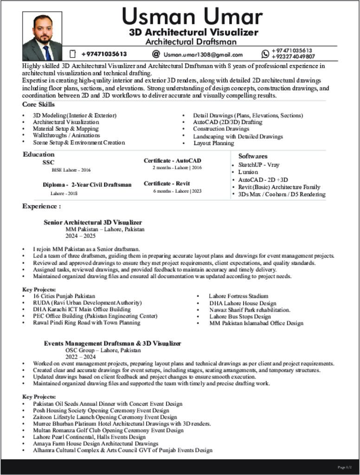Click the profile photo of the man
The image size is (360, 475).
coord(42,37)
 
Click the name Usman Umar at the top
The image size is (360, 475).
coord(192,17)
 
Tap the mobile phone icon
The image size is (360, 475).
coord(72,54)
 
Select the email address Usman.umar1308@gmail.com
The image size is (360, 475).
coord(203,55)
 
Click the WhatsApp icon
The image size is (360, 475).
coord(265,54)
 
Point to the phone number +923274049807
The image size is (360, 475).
coord(293,57)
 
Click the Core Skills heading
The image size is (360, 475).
coord(39,104)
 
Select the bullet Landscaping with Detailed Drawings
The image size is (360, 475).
coord(238,136)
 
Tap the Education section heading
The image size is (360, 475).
coord(39,154)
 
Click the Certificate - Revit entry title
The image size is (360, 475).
coord(167,184)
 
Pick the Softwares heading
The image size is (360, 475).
coord(253,156)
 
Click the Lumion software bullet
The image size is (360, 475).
coord(248,172)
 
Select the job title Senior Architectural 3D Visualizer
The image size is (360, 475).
coord(93,223)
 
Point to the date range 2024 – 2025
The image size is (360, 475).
coord(80,236)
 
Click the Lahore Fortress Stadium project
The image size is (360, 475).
coord(238,296)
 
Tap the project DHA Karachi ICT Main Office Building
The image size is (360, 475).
coord(82,309)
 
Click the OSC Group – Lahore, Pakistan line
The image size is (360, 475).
coord(103,350)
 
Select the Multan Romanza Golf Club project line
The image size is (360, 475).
coord(108,430)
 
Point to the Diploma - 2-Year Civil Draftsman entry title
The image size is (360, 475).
coord(87,185)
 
